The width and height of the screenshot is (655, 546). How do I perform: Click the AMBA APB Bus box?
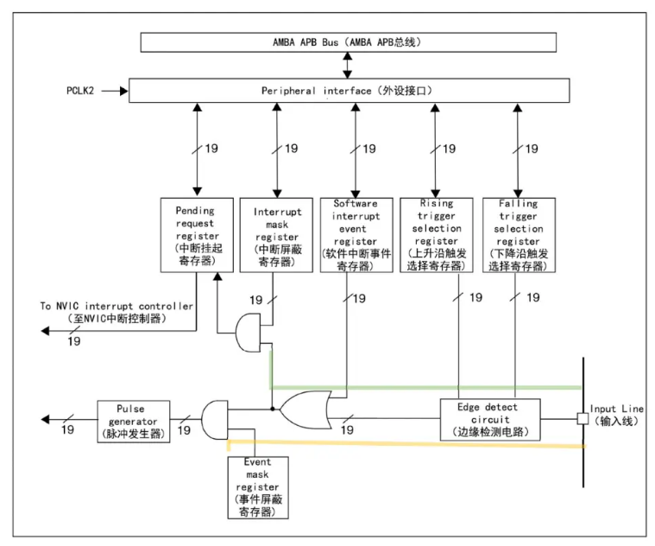[x=348, y=42]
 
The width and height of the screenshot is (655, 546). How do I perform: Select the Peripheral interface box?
[x=349, y=91]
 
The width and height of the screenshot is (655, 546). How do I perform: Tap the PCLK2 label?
[x=80, y=91]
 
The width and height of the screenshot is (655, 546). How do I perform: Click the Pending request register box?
[x=197, y=235]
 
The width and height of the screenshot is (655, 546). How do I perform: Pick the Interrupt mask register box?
[x=276, y=235]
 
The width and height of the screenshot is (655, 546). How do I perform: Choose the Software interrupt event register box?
[x=356, y=235]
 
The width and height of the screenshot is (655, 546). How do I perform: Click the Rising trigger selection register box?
[x=437, y=235]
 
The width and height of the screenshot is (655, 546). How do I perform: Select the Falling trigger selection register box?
[x=519, y=235]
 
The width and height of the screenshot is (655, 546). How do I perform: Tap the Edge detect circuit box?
[x=490, y=419]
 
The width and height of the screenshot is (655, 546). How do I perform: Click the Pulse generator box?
[x=133, y=422]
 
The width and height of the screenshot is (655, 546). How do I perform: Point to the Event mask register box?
[x=258, y=487]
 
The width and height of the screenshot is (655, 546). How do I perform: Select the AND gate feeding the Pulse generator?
[x=215, y=420]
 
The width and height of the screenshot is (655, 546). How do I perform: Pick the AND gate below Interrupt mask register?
[x=249, y=333]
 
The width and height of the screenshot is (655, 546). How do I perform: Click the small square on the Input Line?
[x=583, y=418]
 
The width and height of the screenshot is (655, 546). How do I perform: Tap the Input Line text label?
[x=616, y=415]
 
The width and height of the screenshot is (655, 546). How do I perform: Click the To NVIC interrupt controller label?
[x=117, y=312]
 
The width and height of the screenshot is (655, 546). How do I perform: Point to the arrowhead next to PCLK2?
[x=124, y=91]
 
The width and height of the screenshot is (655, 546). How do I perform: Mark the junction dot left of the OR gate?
[x=273, y=409]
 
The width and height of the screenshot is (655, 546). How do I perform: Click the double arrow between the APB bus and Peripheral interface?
[x=347, y=65]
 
